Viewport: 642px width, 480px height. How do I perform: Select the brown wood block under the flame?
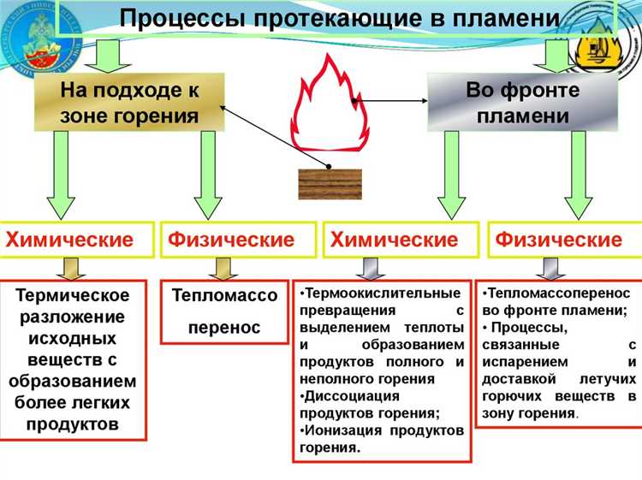(330, 183)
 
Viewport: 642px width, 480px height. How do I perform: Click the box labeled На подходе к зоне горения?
(129, 102)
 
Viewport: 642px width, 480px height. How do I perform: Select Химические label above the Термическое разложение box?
(70, 240)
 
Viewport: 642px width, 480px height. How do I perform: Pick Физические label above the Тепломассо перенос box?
(231, 240)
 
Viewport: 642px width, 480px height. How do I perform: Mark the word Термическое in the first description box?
(73, 296)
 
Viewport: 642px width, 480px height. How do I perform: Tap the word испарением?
(521, 360)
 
